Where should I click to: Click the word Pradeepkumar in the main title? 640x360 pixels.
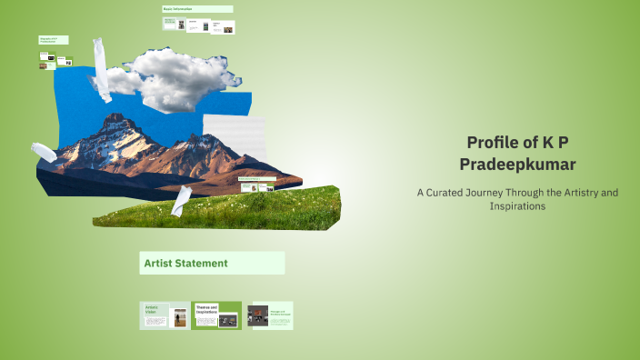[x=517, y=164]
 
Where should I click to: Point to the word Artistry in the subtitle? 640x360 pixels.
[x=579, y=193]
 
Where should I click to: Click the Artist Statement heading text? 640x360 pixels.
[x=185, y=264]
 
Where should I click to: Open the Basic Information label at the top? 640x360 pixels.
[x=179, y=9]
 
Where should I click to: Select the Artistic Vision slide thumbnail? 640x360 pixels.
[x=165, y=315]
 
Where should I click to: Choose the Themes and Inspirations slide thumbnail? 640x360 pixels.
[x=217, y=315]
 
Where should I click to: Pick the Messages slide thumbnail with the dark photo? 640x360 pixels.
[x=270, y=315]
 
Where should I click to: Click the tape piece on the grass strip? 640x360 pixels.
[x=182, y=200]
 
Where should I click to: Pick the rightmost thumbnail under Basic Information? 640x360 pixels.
[x=223, y=25]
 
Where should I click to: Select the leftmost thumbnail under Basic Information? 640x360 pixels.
[x=170, y=25]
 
